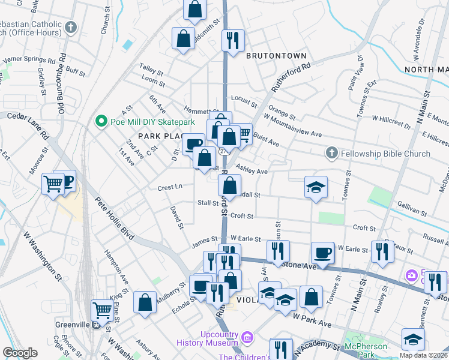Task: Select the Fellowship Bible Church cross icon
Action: (331, 154)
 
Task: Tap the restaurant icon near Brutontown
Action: (232, 40)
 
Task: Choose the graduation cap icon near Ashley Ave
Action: (315, 187)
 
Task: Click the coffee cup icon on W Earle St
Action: (322, 252)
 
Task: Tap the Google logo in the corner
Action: (20, 353)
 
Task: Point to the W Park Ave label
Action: (312, 323)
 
